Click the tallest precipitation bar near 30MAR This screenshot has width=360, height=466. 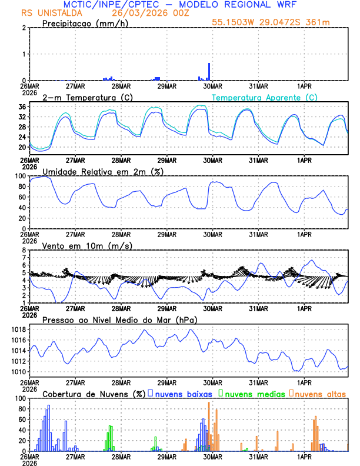(209, 71)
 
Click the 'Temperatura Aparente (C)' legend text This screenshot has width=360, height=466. (265, 97)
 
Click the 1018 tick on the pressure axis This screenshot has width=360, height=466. (16, 329)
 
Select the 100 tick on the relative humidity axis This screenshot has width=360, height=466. (19, 176)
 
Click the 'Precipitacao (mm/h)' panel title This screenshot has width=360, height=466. (84, 24)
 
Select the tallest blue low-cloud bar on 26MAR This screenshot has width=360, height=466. (49, 428)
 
